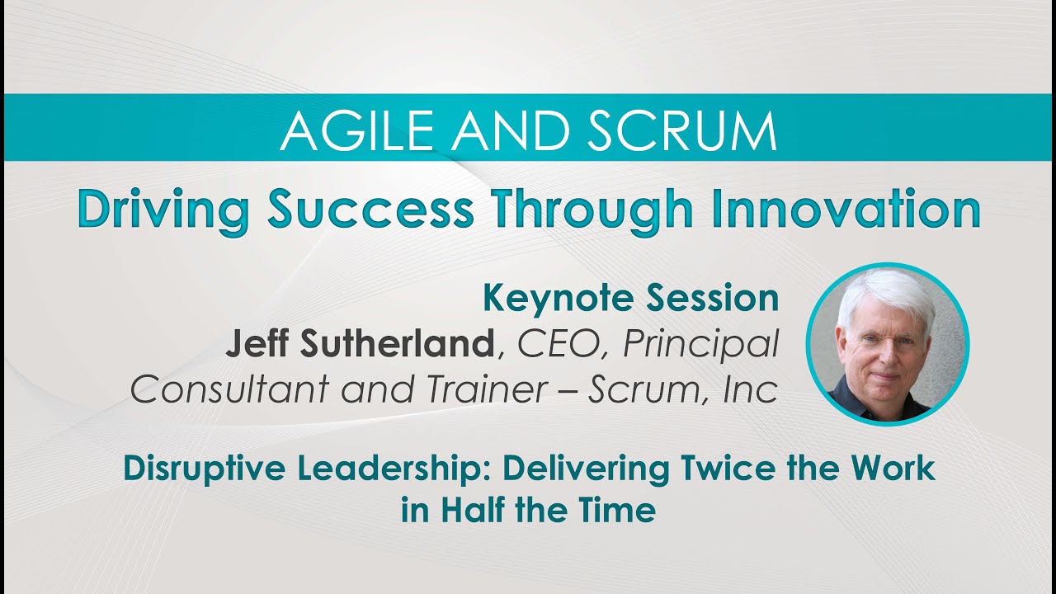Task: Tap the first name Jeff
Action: (x=254, y=344)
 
